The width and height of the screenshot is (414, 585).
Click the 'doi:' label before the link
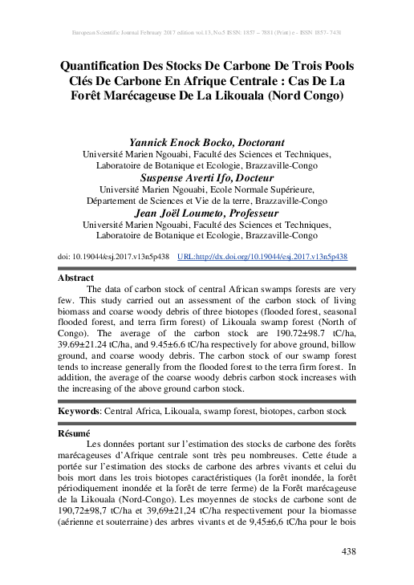[x=65, y=256]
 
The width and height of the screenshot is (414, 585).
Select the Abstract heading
[x=76, y=277]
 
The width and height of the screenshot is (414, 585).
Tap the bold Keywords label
[x=79, y=411]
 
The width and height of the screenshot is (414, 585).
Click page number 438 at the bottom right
[x=349, y=552]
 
